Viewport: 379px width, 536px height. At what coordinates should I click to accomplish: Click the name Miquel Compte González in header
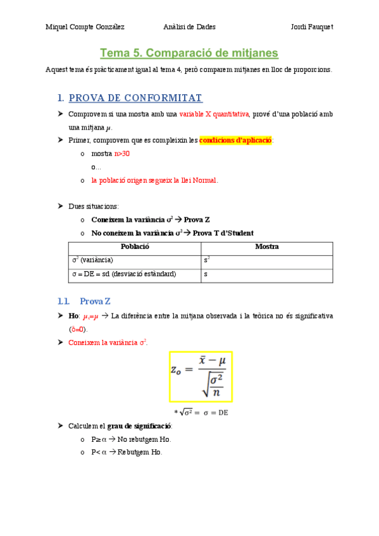(85, 27)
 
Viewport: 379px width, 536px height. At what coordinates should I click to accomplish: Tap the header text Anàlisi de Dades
(189, 27)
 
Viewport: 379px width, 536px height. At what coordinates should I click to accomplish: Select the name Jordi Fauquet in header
(311, 27)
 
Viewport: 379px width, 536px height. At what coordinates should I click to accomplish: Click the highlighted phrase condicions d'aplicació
(236, 140)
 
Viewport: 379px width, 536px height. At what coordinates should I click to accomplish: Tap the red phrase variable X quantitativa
(214, 114)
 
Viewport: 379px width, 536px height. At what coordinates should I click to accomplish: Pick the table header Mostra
(266, 247)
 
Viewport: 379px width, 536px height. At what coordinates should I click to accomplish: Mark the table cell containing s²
(207, 260)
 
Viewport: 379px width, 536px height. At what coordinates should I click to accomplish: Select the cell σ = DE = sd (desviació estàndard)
(124, 274)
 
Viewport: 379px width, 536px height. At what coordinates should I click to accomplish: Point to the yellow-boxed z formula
(200, 377)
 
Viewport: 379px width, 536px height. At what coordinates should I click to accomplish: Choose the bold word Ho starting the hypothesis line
(73, 315)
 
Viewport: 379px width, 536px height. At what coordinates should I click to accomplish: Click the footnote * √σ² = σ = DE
(200, 412)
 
